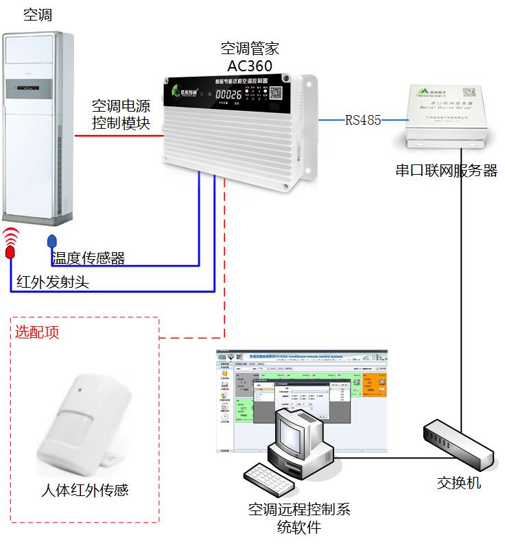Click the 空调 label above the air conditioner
click(37, 15)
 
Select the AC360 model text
click(250, 66)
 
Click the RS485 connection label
click(363, 121)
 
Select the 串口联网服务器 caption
click(446, 171)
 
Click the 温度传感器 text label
click(89, 258)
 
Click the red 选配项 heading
click(37, 332)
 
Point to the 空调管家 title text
click(250, 49)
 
